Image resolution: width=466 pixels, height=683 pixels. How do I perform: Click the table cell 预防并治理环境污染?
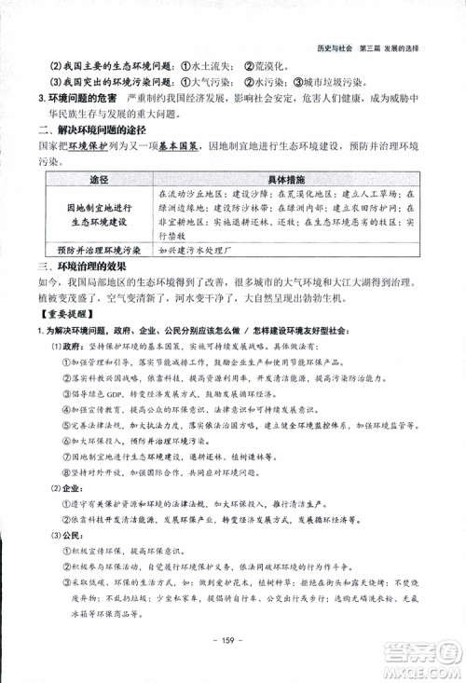coord(99,250)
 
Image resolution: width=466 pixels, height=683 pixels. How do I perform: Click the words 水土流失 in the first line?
coord(211,66)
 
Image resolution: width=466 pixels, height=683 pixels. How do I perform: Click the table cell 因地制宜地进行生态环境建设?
coord(99,216)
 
